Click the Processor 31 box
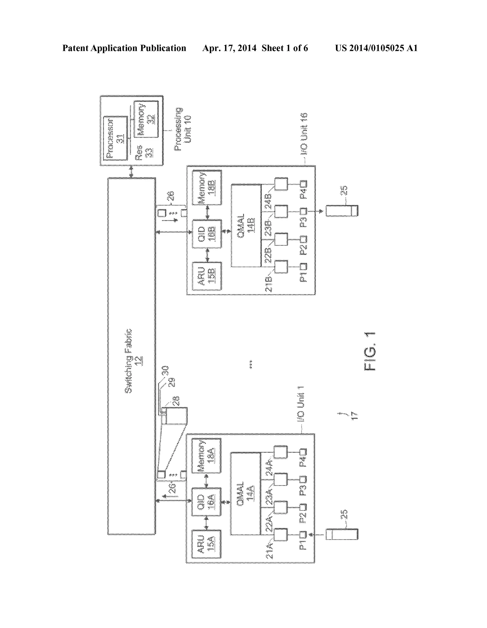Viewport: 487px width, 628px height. pos(115,138)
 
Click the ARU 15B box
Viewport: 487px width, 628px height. pos(207,276)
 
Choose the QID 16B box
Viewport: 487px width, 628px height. pos(207,234)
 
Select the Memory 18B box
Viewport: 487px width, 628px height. pos(207,187)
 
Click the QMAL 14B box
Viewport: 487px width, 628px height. pos(246,225)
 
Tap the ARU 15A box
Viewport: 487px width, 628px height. pos(206,544)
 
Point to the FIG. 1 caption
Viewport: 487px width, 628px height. pos(370,351)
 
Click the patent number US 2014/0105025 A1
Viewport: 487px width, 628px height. pos(376,48)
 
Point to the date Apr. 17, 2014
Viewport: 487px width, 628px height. pos(229,48)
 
